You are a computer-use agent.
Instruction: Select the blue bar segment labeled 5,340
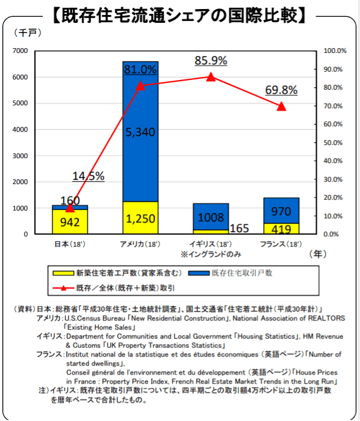[140, 132]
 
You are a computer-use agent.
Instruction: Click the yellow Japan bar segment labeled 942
[70, 221]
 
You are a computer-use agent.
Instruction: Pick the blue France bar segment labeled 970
[281, 210]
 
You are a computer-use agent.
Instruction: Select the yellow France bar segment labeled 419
[281, 229]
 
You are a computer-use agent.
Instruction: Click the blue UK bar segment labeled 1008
[211, 217]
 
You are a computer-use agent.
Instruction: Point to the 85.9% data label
[211, 61]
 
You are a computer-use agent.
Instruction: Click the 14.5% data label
[88, 176]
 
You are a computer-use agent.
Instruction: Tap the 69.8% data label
[281, 90]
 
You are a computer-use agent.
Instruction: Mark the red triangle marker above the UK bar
[211, 76]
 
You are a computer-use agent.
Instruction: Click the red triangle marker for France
[281, 106]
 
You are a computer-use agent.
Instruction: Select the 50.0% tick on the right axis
[335, 143]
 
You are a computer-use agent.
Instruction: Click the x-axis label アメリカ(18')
[140, 244]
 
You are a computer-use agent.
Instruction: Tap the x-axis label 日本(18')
[70, 244]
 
